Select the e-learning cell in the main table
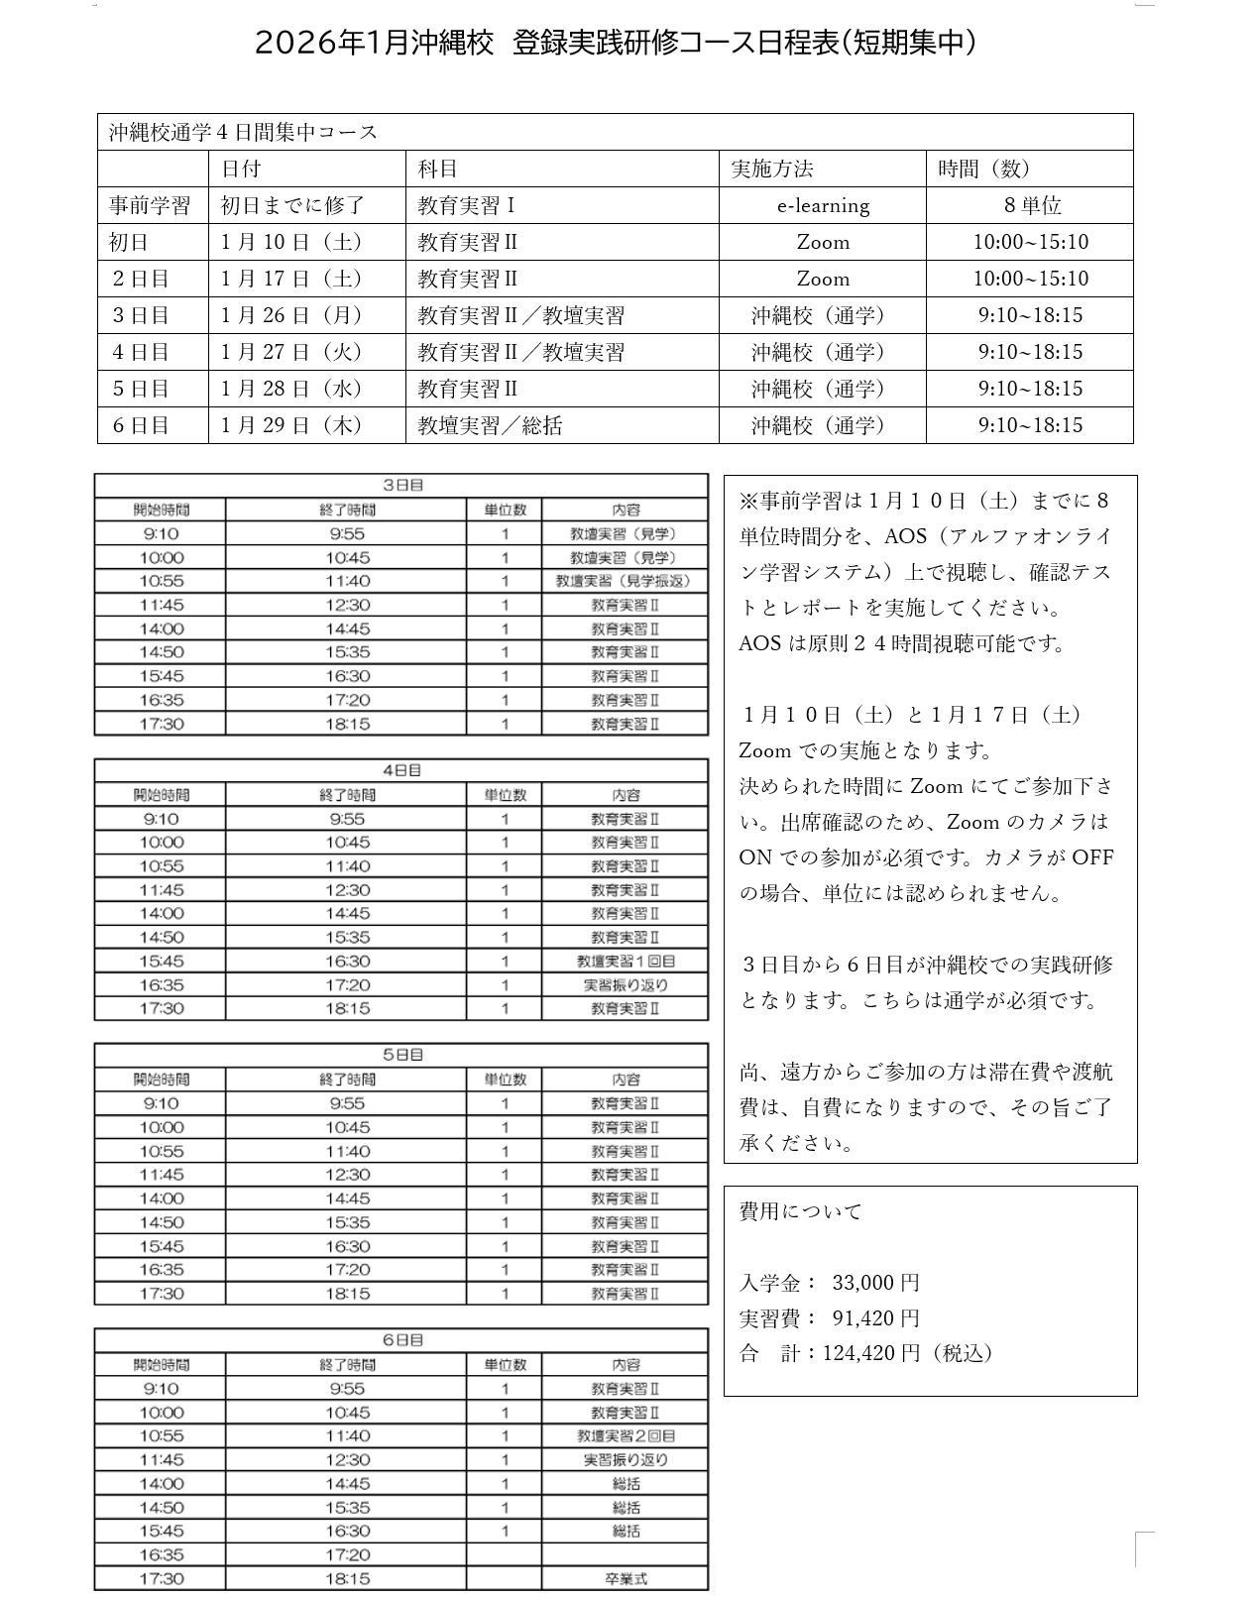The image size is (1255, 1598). pos(822,205)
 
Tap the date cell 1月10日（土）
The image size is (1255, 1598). pos(291,242)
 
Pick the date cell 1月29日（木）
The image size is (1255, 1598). pos(291,425)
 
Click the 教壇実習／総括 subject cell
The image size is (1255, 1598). pos(490,425)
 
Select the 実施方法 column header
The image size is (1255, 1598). pos(772,169)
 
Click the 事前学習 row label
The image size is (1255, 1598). pos(150,205)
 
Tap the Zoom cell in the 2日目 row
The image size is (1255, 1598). pos(822,279)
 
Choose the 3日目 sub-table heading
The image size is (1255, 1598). pos(402,486)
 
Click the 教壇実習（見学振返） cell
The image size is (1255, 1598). pos(624,581)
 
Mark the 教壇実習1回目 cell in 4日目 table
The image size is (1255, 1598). pos(626,961)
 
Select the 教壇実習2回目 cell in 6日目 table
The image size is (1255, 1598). pos(626,1435)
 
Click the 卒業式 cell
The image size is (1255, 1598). pos(626,1578)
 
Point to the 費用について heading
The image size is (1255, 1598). pos(801,1211)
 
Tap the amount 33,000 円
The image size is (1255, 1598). pos(875,1283)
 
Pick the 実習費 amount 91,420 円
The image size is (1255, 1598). pos(875,1318)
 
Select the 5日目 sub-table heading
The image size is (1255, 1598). pos(402,1055)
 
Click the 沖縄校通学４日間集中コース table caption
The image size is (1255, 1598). pos(244,132)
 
